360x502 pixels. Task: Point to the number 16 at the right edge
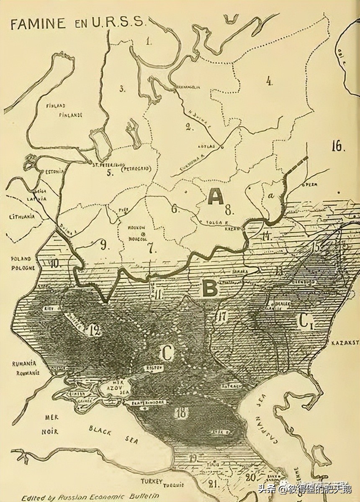coord(338,146)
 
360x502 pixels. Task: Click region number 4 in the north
coord(269,81)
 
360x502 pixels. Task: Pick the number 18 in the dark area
coord(182,412)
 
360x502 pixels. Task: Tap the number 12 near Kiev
coord(95,331)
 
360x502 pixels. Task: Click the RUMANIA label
coord(24,364)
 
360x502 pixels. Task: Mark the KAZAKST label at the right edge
coord(345,342)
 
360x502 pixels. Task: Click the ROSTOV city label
coord(152,368)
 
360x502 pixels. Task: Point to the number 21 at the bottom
coord(213,485)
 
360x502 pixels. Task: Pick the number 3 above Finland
coord(122,89)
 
